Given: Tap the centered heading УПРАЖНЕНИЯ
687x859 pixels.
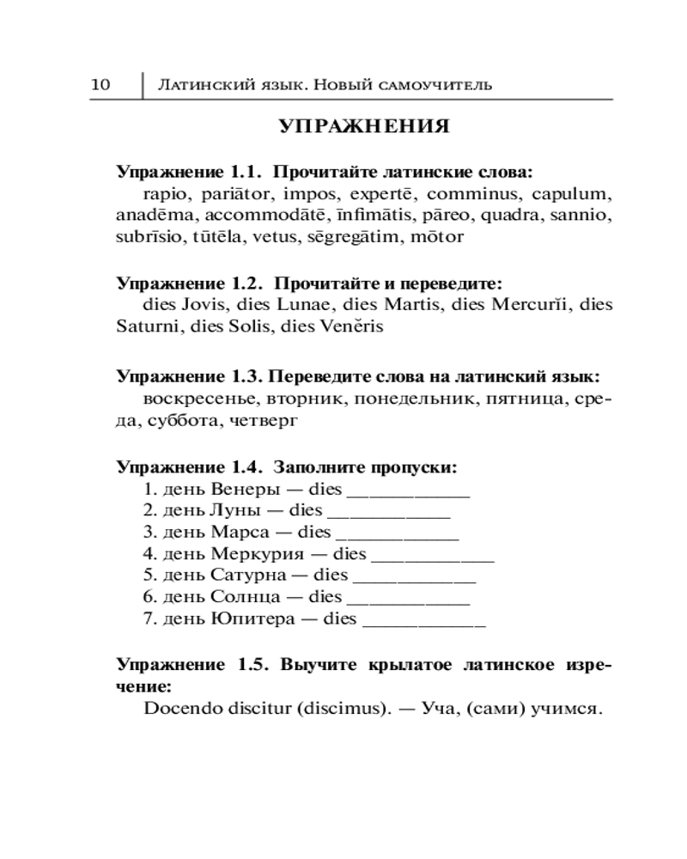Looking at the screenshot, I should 364,127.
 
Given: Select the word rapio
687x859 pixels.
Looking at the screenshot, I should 163,193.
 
